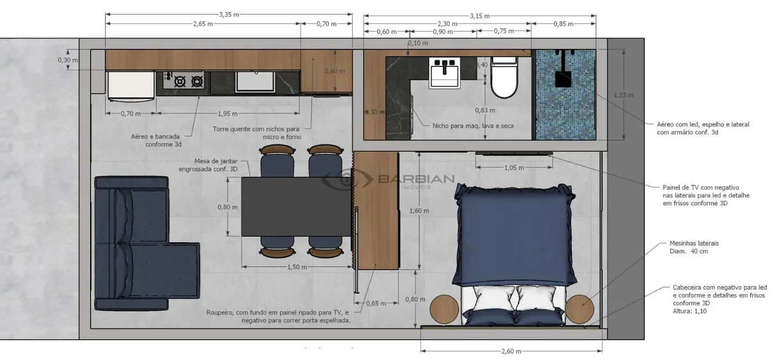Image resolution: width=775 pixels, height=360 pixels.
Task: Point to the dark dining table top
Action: coord(296,206)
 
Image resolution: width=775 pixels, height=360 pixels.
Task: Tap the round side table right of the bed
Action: coord(580,308)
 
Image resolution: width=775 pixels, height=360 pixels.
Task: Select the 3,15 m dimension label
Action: coord(479,16)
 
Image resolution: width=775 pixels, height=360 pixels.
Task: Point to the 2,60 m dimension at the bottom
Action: coord(511,351)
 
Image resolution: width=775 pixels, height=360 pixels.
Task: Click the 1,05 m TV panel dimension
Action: coord(514,167)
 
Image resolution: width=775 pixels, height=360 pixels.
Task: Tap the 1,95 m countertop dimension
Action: coord(228,114)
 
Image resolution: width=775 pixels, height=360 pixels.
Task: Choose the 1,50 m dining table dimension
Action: coord(297,267)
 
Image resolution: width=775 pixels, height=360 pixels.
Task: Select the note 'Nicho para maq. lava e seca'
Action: coord(473,126)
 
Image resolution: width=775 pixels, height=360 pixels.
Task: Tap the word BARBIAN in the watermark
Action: coord(416,178)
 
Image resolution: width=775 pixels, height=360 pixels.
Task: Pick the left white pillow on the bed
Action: coord(495,299)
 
